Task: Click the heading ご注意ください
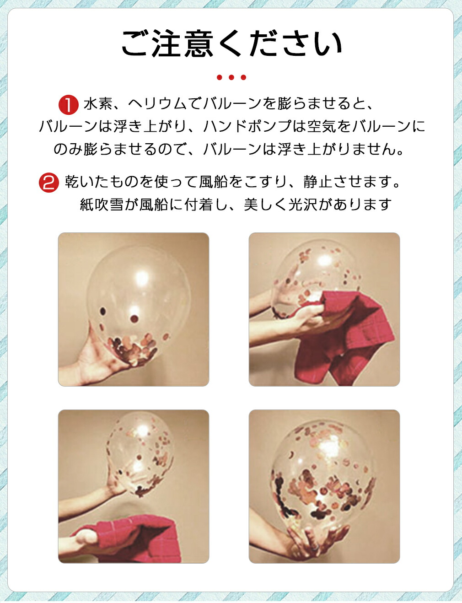coord(231,43)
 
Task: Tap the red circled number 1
coord(68,105)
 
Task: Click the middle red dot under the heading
coord(231,77)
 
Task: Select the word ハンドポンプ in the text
coord(247,127)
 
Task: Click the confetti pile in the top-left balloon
coord(133,347)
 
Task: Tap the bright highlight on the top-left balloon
coord(142,278)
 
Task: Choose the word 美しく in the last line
coord(266,205)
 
